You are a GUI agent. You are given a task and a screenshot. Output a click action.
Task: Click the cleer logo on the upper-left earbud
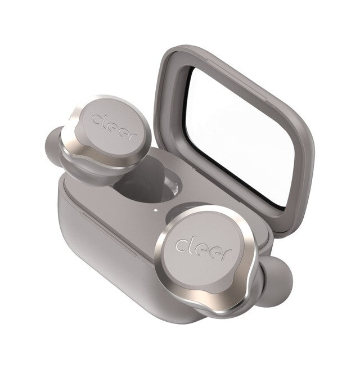pyautogui.click(x=115, y=127)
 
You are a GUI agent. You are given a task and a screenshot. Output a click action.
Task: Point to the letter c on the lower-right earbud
pyautogui.click(x=181, y=245)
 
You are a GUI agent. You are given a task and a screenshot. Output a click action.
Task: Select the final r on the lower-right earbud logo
pyautogui.click(x=227, y=254)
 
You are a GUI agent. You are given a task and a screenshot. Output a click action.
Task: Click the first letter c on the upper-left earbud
pyautogui.click(x=97, y=120)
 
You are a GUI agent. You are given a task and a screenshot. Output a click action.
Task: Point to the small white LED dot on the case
pyautogui.click(x=155, y=210)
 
